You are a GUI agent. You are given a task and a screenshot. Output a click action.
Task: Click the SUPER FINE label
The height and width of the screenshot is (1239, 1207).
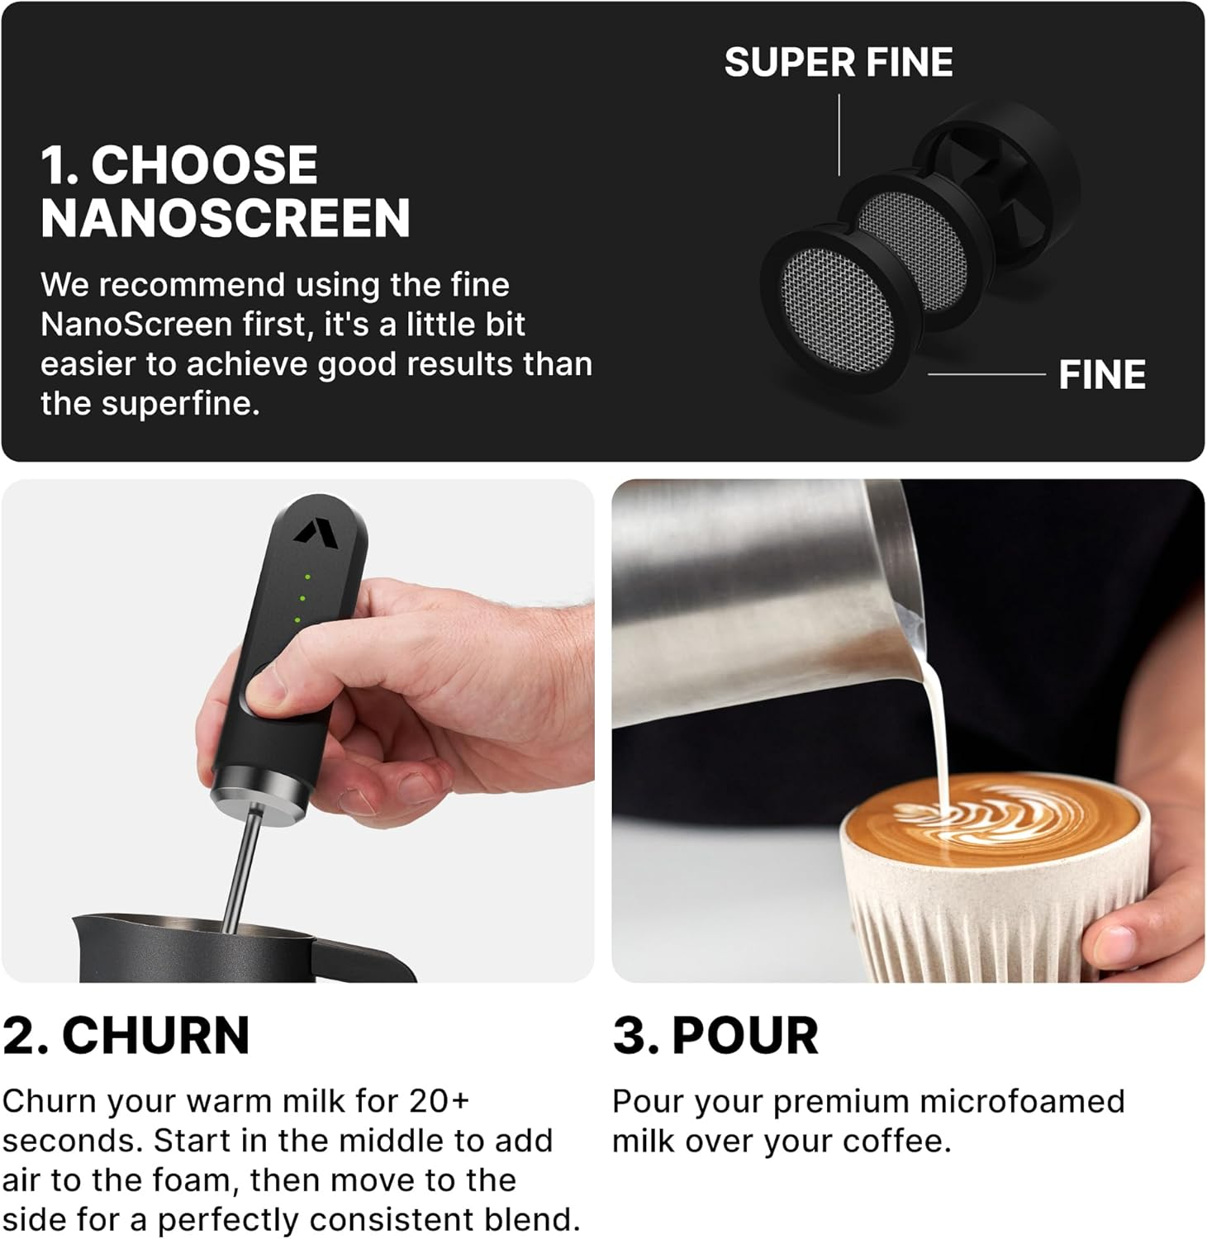click(838, 63)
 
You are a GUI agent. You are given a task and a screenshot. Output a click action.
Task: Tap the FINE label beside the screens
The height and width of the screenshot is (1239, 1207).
click(1101, 375)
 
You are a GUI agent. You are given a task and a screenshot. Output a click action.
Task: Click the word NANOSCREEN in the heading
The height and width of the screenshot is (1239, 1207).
click(225, 218)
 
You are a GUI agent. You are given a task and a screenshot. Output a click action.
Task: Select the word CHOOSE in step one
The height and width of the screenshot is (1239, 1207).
click(204, 165)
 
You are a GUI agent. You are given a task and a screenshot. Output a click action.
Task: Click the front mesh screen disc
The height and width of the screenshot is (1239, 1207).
click(835, 311)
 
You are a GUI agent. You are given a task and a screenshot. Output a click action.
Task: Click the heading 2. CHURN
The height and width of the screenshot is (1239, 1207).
click(126, 1035)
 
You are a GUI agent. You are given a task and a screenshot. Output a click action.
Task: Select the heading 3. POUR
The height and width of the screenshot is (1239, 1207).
click(715, 1035)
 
